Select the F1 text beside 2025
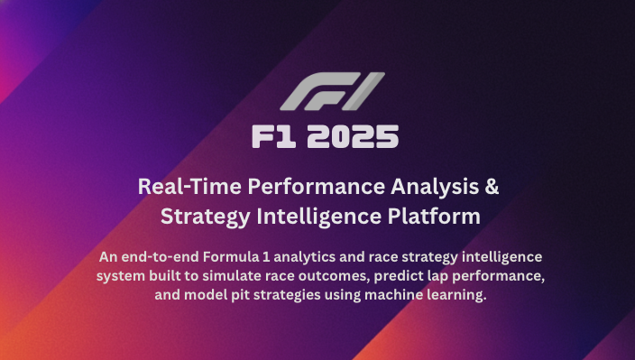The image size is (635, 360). point(273,138)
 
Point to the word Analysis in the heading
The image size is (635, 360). point(435,188)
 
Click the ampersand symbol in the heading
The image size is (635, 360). point(491,188)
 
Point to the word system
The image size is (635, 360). point(122,276)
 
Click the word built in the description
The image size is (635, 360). point(169,276)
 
